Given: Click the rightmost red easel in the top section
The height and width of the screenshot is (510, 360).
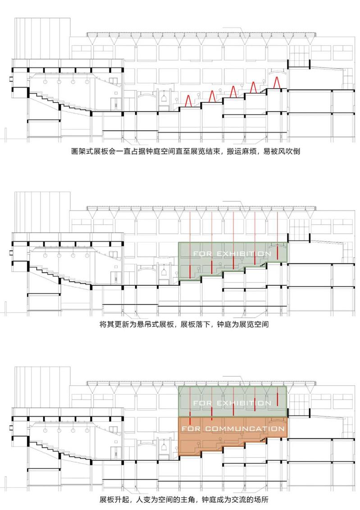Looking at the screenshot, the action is coord(277,82).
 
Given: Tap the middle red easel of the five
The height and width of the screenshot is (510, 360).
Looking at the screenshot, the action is coord(232,92).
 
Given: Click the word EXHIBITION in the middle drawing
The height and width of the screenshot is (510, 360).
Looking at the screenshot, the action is coord(244,254).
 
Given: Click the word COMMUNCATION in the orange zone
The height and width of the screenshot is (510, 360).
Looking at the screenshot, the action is coord(245,429).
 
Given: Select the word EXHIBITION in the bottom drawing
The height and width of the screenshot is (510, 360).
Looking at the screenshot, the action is coord(244,403).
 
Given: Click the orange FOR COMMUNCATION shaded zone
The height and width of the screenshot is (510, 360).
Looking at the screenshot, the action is coord(232,432).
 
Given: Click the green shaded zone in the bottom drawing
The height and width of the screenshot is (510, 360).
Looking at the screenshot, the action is coord(232,402).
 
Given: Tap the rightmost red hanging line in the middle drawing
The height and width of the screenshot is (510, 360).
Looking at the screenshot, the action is coord(278,236).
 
